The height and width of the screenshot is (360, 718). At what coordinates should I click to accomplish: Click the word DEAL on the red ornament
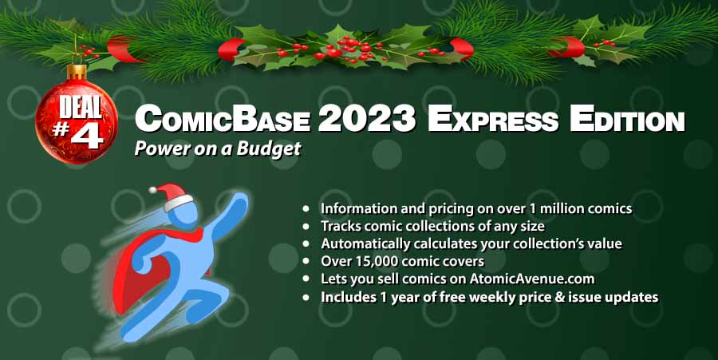pyautogui.click(x=81, y=107)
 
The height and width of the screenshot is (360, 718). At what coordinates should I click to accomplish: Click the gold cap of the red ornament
pyautogui.click(x=77, y=72)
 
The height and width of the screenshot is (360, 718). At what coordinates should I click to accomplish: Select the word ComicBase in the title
pyautogui.click(x=222, y=119)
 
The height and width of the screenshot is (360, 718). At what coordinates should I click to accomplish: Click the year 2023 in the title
pyautogui.click(x=367, y=118)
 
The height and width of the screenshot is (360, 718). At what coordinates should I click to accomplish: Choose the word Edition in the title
pyautogui.click(x=627, y=119)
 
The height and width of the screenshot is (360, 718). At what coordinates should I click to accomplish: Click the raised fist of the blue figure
pyautogui.click(x=240, y=201)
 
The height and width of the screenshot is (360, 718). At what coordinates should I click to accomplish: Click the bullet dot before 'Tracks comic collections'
pyautogui.click(x=306, y=226)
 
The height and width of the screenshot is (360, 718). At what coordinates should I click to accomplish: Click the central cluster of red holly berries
pyautogui.click(x=353, y=48)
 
